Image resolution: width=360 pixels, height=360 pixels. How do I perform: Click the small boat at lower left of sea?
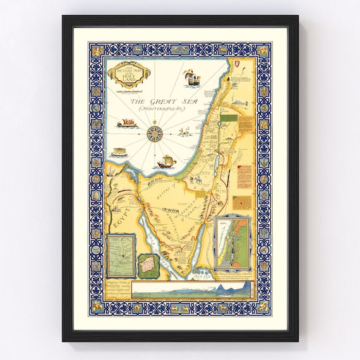[119, 153]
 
